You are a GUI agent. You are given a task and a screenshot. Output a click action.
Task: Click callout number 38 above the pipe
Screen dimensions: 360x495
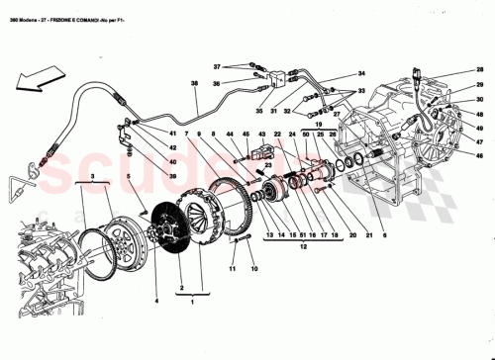click(x=195, y=83)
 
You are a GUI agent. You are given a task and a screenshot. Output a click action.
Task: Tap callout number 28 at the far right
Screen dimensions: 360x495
click(x=480, y=69)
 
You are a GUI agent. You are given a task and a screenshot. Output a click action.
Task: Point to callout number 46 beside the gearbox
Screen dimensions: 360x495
click(x=480, y=155)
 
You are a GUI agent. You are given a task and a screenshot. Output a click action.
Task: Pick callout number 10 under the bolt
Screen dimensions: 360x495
click(x=252, y=269)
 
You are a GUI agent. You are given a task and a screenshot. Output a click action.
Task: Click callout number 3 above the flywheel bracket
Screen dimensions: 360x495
click(x=93, y=175)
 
